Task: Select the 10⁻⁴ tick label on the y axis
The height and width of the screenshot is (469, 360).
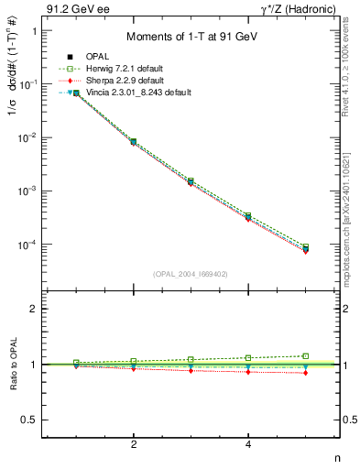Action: (x=27, y=245)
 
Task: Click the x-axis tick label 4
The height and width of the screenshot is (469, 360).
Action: (x=248, y=444)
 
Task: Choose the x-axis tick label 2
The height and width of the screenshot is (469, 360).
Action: (x=134, y=444)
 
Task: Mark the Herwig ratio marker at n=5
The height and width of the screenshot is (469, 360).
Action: (x=306, y=355)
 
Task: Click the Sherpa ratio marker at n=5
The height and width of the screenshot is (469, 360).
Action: (x=306, y=373)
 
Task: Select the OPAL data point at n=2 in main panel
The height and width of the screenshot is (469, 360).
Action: (x=134, y=142)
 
